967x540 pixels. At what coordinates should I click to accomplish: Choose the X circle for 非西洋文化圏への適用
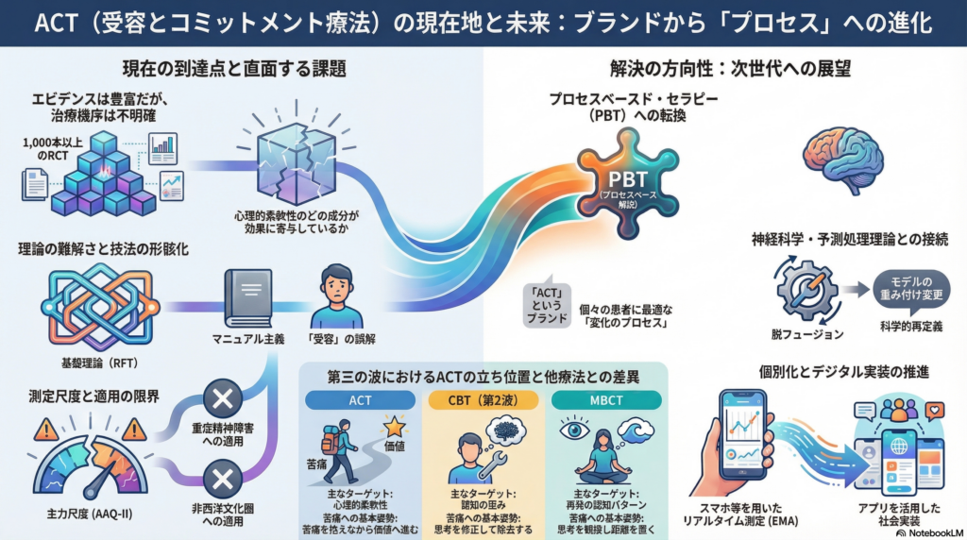[x=223, y=474]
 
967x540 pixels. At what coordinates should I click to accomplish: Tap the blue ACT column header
[x=360, y=400]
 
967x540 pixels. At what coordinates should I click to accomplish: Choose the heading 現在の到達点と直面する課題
[x=233, y=68]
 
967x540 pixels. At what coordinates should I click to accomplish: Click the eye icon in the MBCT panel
[x=576, y=430]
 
